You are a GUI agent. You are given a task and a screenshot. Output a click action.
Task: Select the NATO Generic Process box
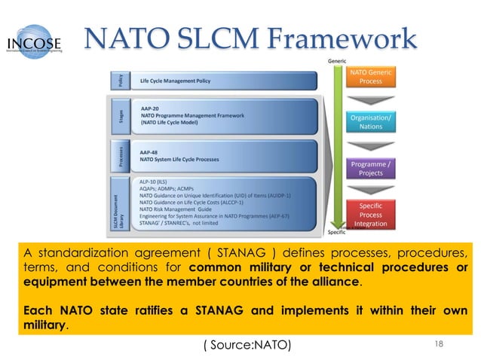(x=370, y=77)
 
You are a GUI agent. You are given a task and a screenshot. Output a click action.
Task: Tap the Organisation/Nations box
(x=370, y=122)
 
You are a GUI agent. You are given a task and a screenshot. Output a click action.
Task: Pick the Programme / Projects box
(x=370, y=168)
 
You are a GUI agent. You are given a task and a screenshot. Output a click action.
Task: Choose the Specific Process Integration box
(x=370, y=215)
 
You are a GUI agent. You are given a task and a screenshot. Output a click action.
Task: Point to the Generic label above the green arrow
(x=336, y=59)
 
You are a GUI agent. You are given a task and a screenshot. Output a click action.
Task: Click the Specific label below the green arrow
(x=336, y=232)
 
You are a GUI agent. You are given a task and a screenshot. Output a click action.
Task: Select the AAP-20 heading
(x=149, y=108)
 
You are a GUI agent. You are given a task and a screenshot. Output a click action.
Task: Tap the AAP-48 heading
(x=149, y=150)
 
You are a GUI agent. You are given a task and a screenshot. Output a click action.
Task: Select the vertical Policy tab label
(x=118, y=79)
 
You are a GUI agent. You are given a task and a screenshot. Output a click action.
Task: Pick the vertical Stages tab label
(x=118, y=117)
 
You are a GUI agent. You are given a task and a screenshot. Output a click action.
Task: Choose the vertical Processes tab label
(x=118, y=156)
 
